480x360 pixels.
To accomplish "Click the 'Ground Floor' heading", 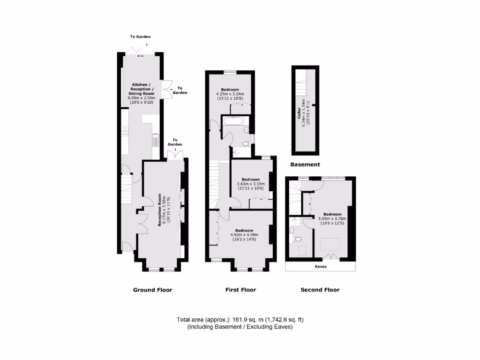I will [x=152, y=290].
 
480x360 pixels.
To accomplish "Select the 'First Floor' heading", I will [x=241, y=290].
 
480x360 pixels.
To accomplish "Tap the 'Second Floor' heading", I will [x=320, y=290].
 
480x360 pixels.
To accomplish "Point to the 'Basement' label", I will [x=305, y=165].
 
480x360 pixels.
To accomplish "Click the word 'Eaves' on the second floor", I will [x=320, y=266].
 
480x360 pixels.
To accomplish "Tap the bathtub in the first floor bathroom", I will [x=233, y=121].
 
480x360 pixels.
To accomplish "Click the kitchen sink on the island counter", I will [x=155, y=139].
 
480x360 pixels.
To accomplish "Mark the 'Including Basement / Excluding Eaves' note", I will [x=240, y=327].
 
